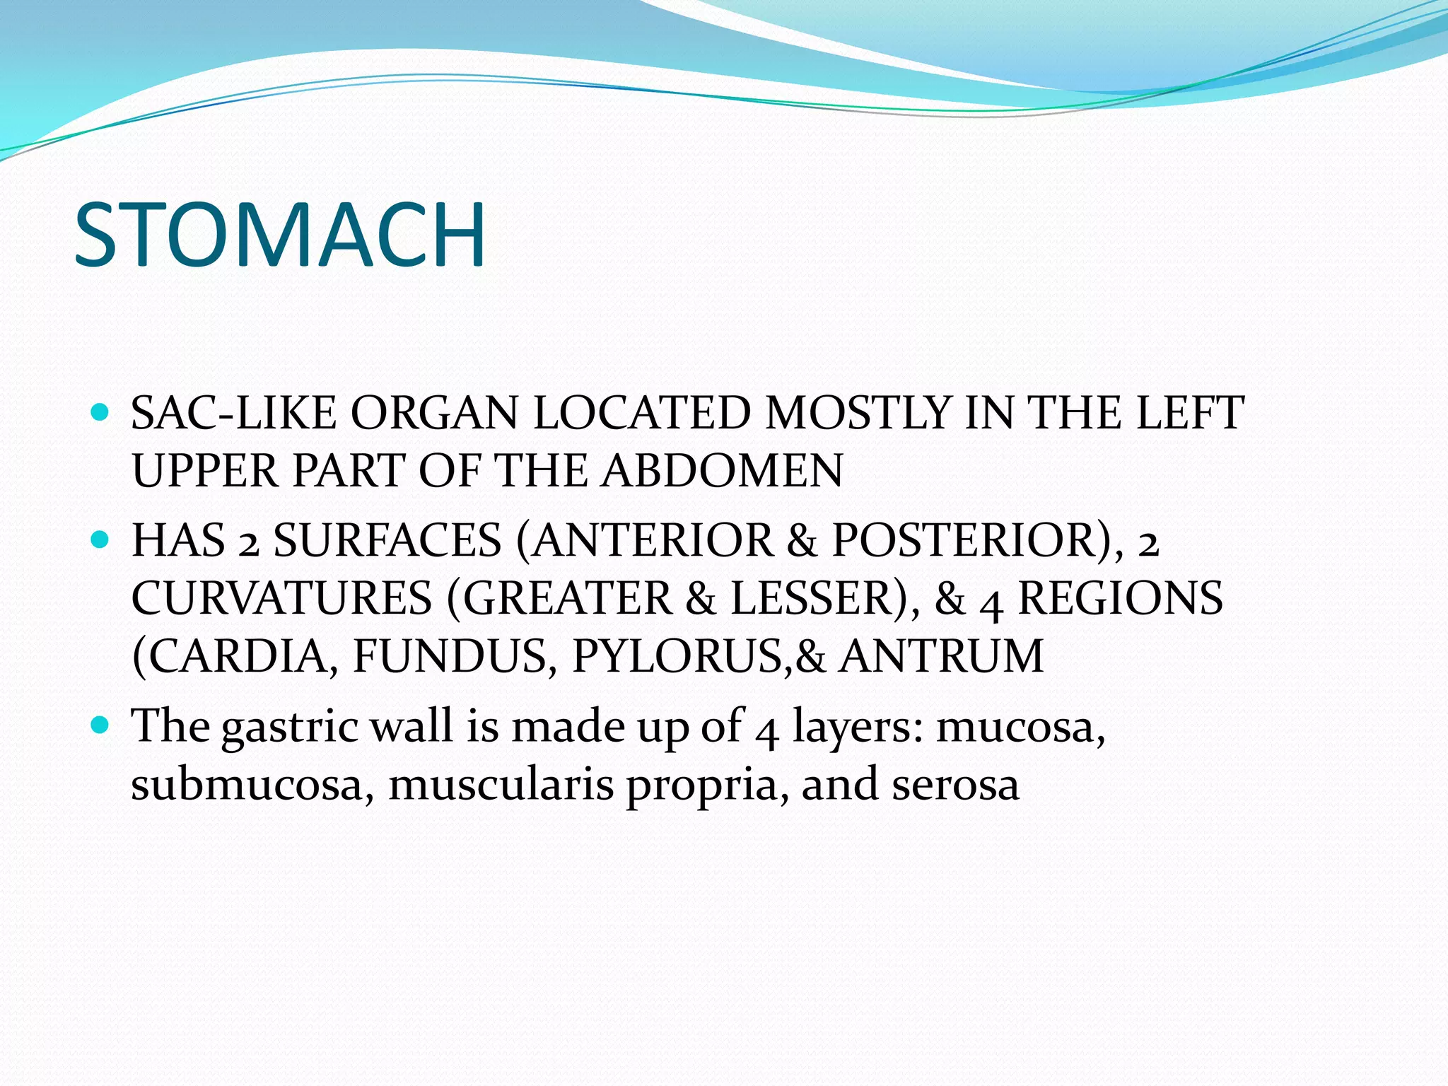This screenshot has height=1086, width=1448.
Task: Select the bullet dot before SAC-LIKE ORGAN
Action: pos(101,411)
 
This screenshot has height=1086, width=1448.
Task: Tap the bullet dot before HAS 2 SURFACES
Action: pos(101,540)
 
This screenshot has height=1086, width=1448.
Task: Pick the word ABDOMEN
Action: pos(723,470)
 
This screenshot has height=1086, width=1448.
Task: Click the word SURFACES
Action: pos(387,541)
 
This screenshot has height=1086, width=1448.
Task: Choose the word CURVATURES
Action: pos(281,599)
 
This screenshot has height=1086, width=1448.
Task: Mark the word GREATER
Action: pos(567,599)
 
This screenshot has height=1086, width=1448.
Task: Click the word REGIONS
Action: pos(1120,599)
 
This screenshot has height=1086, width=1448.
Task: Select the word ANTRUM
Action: pos(942,656)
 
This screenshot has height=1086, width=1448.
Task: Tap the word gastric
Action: pos(290,728)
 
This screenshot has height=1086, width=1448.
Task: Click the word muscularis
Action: pos(501,785)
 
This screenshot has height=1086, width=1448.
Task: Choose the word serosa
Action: pos(955,786)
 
